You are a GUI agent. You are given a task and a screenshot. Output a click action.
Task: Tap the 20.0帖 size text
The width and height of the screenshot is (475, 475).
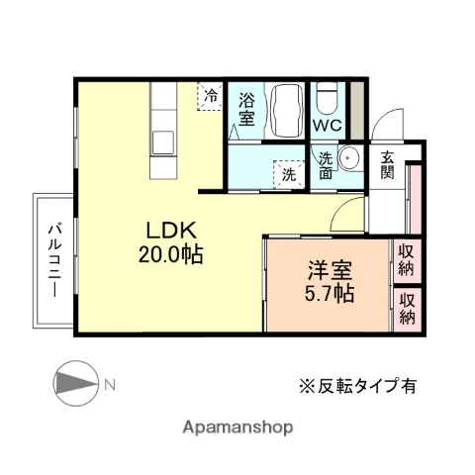[x=171, y=254]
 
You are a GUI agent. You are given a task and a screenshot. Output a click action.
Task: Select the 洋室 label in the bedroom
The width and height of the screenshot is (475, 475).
[x=328, y=269]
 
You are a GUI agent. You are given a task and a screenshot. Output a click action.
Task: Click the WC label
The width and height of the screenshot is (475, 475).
[x=328, y=127]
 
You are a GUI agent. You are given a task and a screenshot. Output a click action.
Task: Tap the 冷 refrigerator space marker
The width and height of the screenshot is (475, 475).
[x=210, y=97]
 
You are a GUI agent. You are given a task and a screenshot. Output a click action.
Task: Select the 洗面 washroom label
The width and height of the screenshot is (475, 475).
[x=327, y=164]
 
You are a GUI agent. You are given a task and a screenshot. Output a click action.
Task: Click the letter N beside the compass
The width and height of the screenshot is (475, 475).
[x=111, y=384]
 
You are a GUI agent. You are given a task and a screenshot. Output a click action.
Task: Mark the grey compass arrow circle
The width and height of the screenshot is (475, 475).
[x=73, y=384]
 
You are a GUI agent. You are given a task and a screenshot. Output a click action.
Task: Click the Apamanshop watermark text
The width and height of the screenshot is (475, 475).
[x=237, y=428]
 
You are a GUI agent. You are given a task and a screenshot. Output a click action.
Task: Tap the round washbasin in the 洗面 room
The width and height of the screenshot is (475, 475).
[x=349, y=159]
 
